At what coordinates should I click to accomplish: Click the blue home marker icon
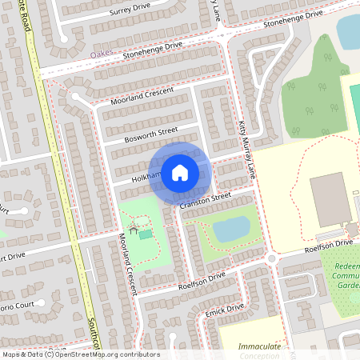tap(180, 172)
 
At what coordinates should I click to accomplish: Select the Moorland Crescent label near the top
tap(143, 97)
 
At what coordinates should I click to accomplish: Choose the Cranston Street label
tap(205, 201)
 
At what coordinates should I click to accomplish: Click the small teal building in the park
tap(146, 234)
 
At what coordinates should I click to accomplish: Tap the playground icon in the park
tap(133, 230)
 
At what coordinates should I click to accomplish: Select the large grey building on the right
tap(329, 198)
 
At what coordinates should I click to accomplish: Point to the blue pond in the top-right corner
tap(349, 30)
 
